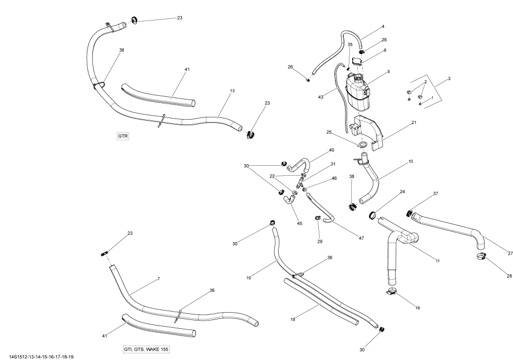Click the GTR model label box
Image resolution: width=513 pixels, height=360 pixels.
(123, 136)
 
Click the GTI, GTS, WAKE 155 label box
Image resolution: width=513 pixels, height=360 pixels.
(146, 349)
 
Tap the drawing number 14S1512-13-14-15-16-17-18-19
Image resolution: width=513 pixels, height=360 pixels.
(41, 356)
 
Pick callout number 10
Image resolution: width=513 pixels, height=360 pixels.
(411, 162)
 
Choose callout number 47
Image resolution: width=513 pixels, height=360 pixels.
(361, 238)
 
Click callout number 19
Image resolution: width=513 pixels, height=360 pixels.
(417, 307)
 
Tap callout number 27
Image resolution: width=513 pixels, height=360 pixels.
(510, 253)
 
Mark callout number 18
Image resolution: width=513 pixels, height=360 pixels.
(293, 319)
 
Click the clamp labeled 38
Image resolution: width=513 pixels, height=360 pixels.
(352, 208)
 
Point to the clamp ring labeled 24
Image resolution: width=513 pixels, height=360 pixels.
(372, 214)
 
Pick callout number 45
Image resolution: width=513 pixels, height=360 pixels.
(299, 224)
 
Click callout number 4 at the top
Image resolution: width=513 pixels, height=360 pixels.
(383, 27)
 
